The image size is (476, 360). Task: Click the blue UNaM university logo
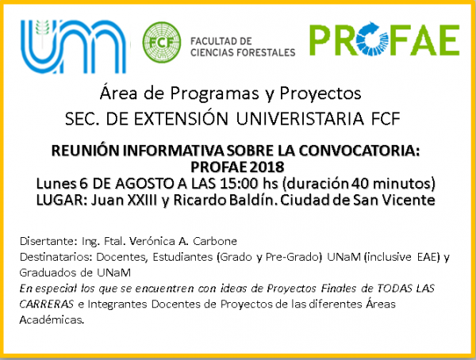tap(73, 47)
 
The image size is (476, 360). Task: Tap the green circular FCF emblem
tap(162, 42)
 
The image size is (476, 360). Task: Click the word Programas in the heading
tap(214, 94)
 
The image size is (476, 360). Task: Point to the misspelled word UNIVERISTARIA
tap(300, 118)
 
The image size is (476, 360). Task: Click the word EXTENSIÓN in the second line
tap(181, 118)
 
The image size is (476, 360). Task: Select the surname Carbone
tap(215, 241)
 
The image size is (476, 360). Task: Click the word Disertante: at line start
tap(48, 241)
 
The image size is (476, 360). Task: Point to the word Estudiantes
tap(182, 257)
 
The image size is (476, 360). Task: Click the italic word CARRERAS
tap(47, 304)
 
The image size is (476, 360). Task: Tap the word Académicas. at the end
tap(52, 320)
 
